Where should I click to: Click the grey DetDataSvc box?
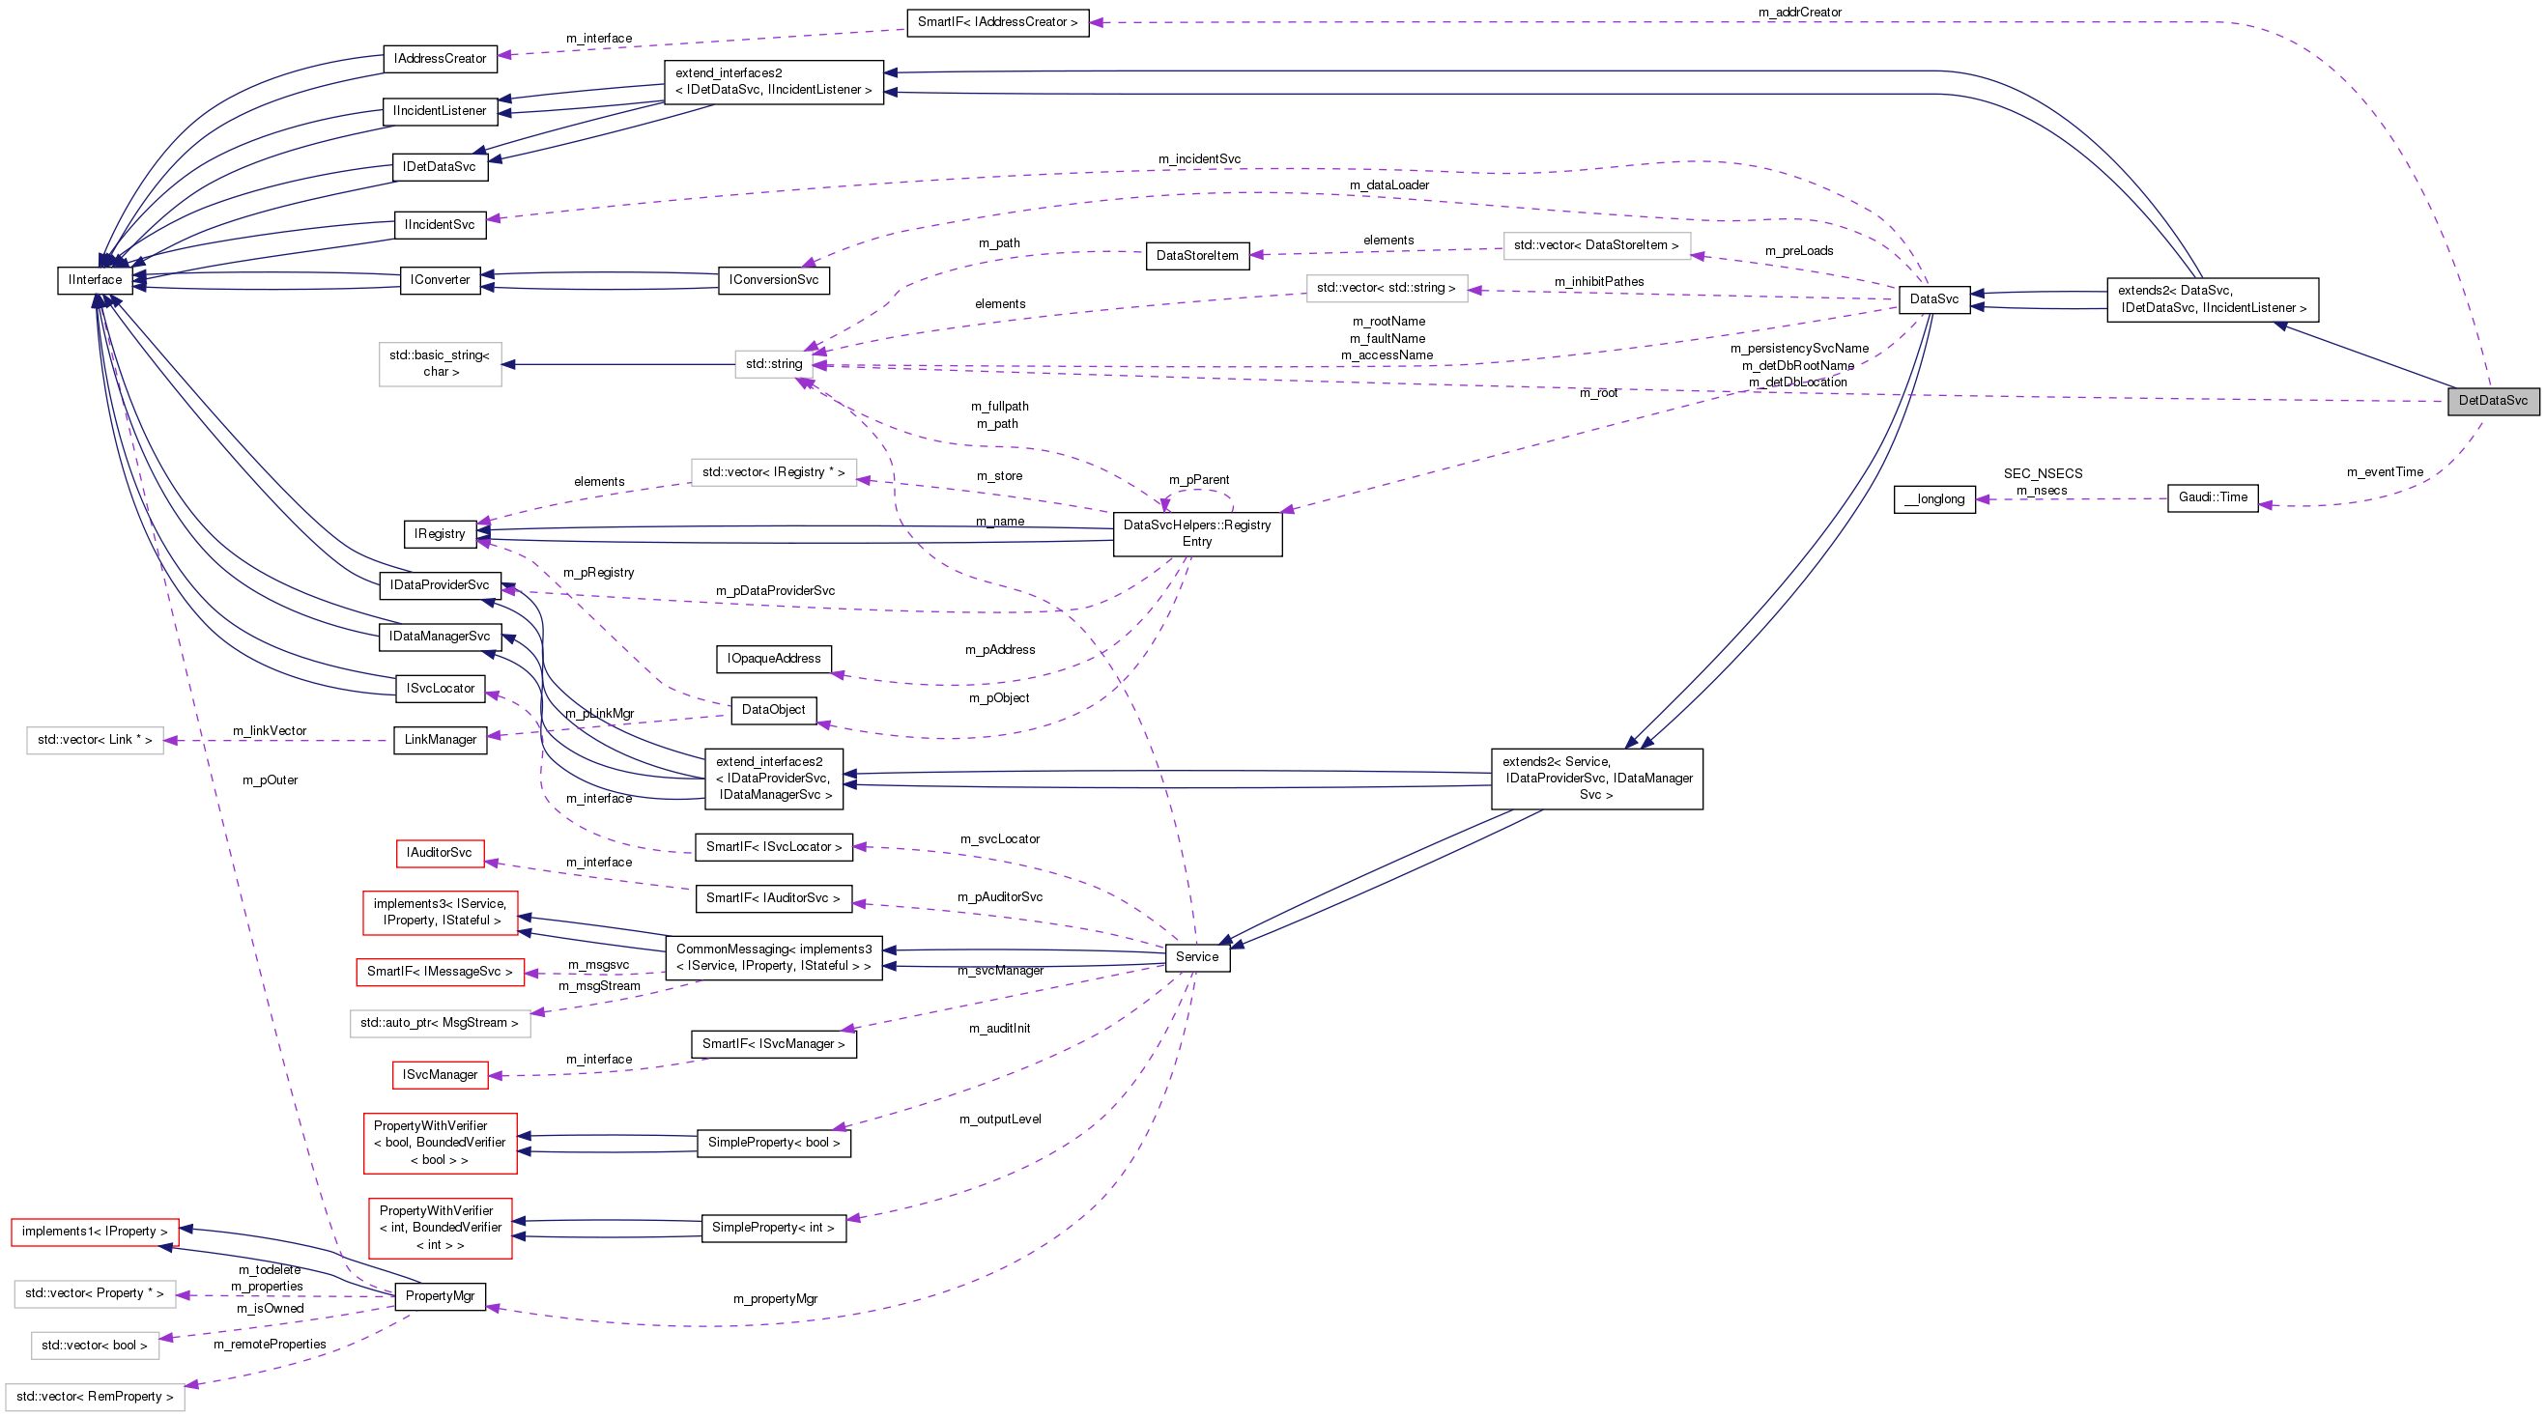(x=2492, y=400)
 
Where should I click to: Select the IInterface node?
(x=95, y=280)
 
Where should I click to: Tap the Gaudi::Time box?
(x=2212, y=497)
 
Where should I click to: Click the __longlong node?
(x=1934, y=499)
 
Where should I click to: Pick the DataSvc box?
(x=1933, y=298)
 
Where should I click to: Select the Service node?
(x=1197, y=956)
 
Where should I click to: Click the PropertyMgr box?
(x=440, y=1295)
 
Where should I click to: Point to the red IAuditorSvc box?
(x=440, y=852)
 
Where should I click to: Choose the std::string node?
(x=773, y=363)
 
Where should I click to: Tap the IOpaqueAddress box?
(x=773, y=658)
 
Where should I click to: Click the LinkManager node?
(x=440, y=739)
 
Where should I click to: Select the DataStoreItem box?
(x=1196, y=255)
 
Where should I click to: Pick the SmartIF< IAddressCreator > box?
(x=997, y=22)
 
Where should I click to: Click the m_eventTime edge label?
(x=2384, y=472)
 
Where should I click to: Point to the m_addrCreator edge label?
(x=1800, y=12)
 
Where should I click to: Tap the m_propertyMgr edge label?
(x=775, y=1298)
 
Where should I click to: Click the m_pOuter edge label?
(x=270, y=779)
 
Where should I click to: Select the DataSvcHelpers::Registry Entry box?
(x=1197, y=532)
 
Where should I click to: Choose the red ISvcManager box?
(x=440, y=1074)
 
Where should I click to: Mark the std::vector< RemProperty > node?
(x=95, y=1397)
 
